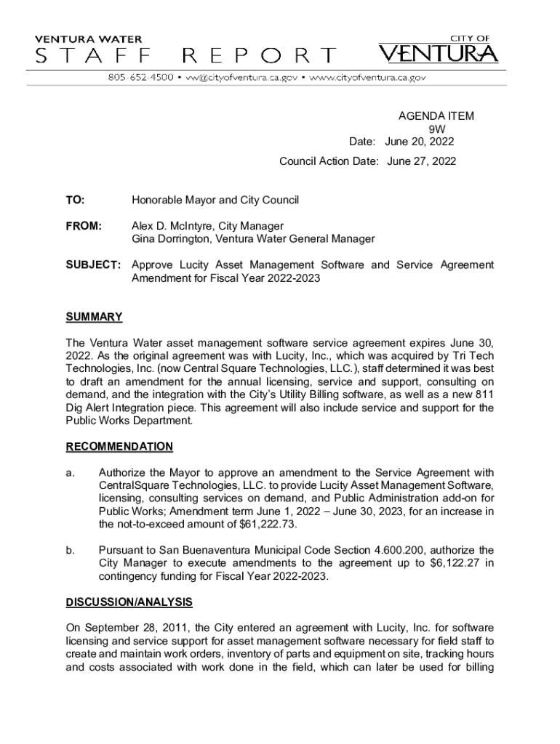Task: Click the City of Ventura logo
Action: (438, 49)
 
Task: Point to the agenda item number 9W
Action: (436, 129)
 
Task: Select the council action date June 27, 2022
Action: (422, 161)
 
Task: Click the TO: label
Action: (75, 200)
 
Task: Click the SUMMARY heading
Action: (94, 317)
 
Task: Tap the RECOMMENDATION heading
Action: (119, 446)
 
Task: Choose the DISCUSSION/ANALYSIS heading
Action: (129, 602)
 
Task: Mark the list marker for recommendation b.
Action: (71, 550)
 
